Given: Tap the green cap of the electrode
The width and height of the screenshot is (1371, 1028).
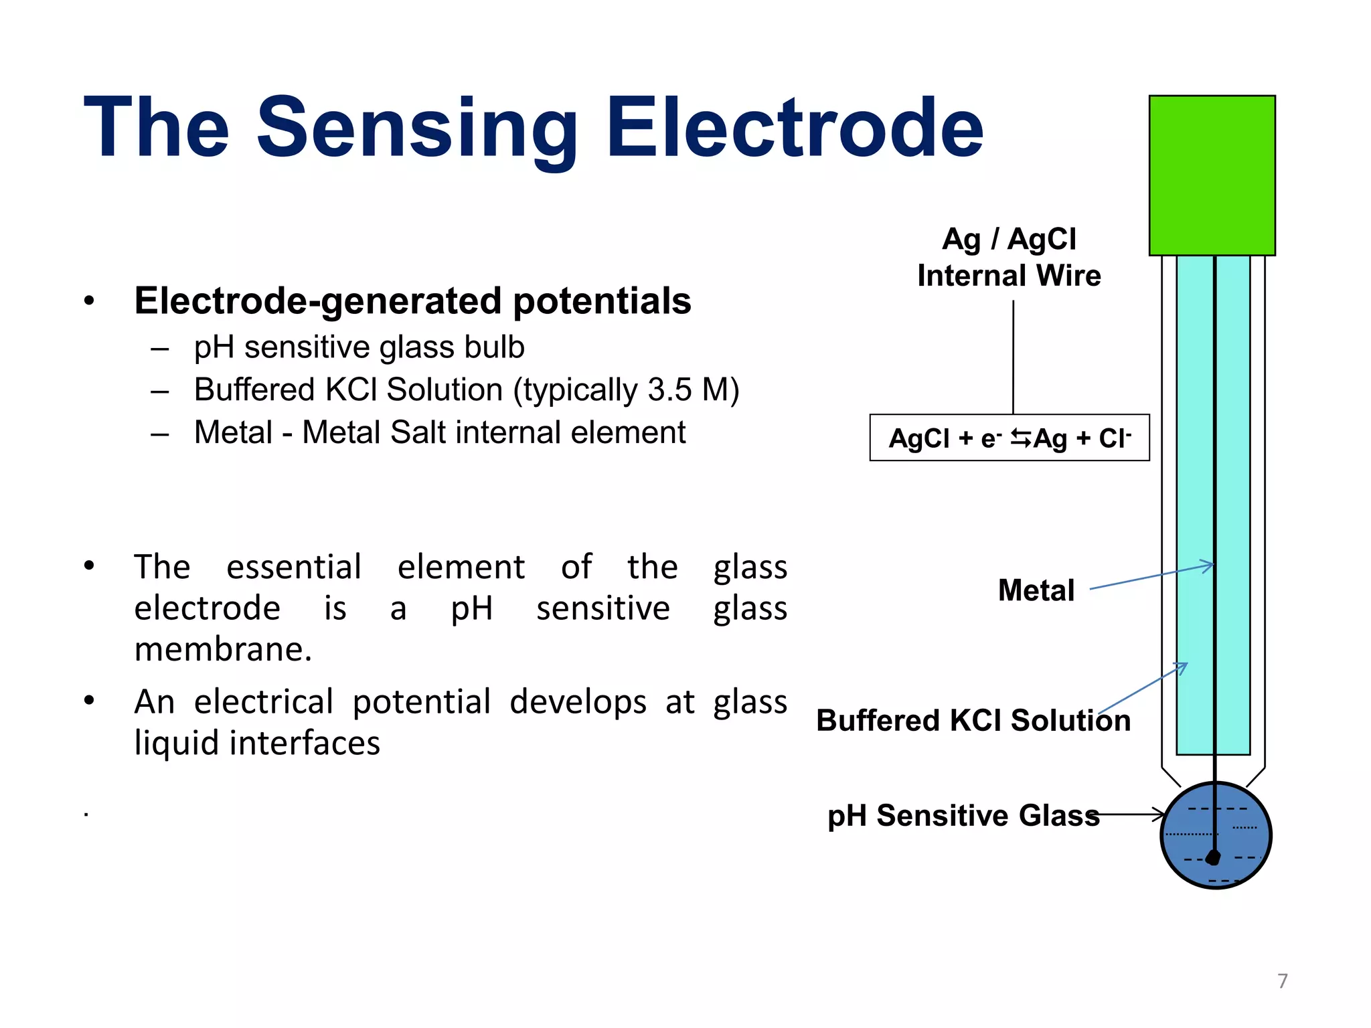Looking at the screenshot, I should click(1212, 175).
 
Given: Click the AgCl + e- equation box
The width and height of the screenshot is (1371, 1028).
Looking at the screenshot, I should click(1009, 438).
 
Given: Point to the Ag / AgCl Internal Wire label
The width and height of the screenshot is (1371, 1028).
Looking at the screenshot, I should click(1009, 258).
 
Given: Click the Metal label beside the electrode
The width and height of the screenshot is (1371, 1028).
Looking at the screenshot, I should click(1036, 590).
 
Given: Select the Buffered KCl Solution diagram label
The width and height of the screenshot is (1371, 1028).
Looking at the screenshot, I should click(973, 721).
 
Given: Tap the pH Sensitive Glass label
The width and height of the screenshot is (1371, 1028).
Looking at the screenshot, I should click(963, 816).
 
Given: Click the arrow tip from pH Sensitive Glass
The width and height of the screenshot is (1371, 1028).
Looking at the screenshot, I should click(1161, 815).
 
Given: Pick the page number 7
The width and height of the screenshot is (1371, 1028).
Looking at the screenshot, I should click(1282, 981).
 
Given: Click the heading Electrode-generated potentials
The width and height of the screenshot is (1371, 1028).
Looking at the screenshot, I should click(412, 301).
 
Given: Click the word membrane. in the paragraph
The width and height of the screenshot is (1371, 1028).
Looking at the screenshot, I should click(223, 650).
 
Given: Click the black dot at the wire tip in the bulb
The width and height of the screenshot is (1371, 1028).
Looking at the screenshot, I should click(1213, 857).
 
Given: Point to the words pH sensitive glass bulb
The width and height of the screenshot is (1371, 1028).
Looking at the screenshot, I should click(359, 347).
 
